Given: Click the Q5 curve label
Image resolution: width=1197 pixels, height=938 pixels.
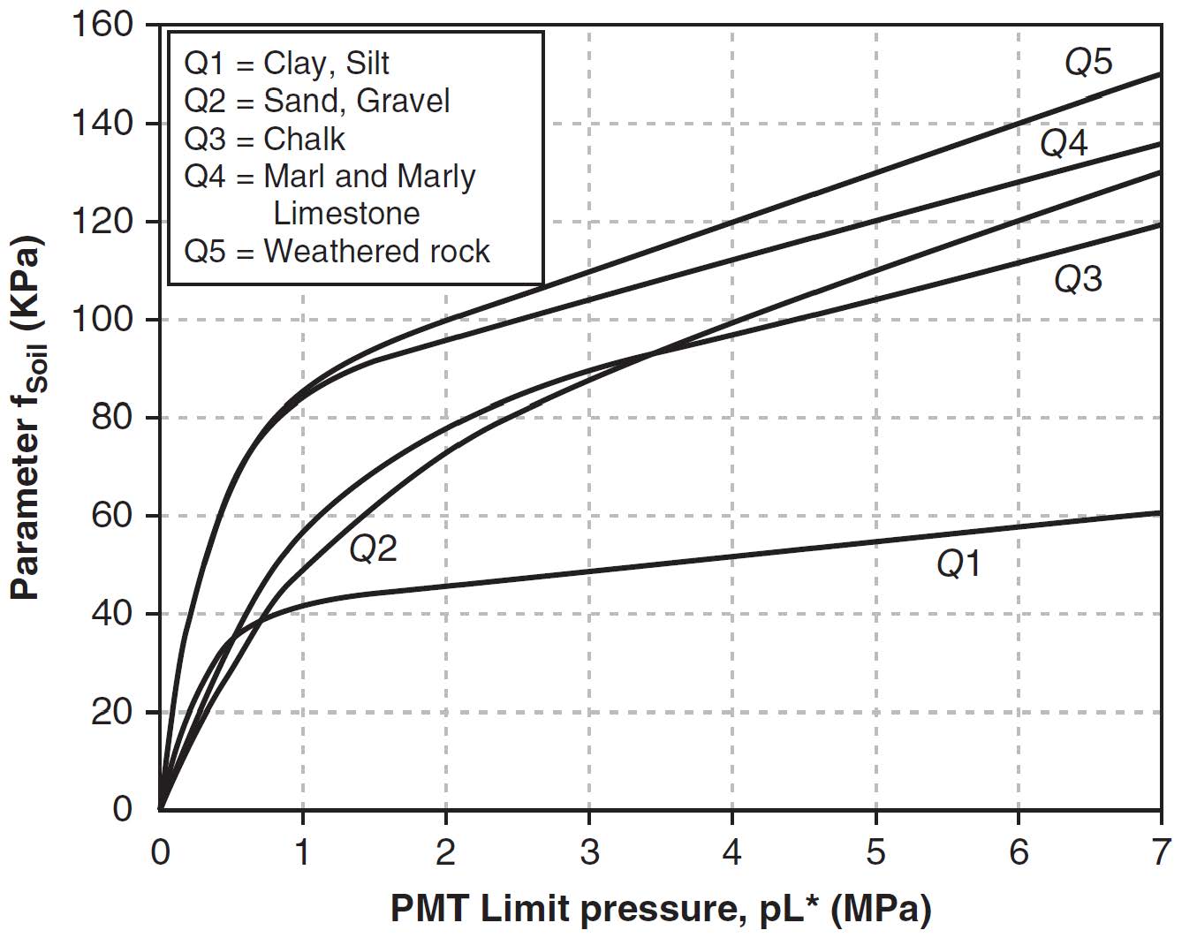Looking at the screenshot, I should (1087, 63).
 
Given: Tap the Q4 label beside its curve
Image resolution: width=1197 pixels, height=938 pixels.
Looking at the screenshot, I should (1064, 143).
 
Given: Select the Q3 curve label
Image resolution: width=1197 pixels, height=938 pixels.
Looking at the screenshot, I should (1078, 279).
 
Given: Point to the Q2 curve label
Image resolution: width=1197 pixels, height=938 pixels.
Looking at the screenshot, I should (373, 549).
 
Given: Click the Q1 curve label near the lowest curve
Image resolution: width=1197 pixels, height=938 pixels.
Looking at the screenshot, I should (958, 564).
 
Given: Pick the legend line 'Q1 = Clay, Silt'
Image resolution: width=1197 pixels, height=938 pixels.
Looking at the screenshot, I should (286, 64).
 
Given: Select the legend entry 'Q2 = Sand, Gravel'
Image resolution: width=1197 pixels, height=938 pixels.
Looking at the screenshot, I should (316, 101).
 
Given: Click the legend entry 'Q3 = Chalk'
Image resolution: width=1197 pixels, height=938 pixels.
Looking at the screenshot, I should (264, 140).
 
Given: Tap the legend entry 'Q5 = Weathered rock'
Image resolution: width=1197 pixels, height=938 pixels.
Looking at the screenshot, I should (336, 252).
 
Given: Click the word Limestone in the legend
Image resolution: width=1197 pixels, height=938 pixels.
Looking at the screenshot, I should (346, 214).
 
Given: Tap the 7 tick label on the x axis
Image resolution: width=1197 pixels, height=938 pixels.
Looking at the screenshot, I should (1161, 853).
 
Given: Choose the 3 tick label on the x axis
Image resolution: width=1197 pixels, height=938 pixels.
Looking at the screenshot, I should (588, 853).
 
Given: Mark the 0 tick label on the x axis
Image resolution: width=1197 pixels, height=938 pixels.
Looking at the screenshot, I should (160, 853).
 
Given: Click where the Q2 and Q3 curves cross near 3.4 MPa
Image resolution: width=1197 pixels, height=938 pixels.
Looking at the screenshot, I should (650, 355).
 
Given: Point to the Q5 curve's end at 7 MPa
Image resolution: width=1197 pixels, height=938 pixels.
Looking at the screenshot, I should (1160, 74).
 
